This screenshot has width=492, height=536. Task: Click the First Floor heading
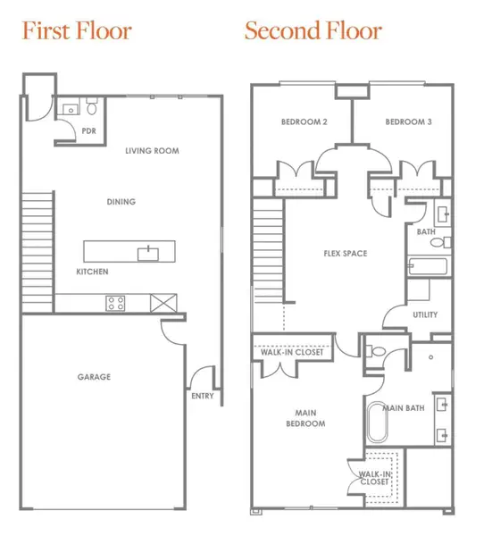click(x=77, y=31)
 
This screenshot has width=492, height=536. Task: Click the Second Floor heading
click(x=313, y=31)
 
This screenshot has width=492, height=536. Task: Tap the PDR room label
click(x=88, y=131)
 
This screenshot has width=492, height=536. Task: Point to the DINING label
click(x=121, y=202)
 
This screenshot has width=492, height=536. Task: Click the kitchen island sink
click(x=146, y=254)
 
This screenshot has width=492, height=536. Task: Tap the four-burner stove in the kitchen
click(x=116, y=303)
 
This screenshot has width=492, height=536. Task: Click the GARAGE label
click(x=94, y=377)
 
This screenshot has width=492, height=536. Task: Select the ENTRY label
click(x=203, y=396)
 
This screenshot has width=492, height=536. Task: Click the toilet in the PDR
click(x=90, y=109)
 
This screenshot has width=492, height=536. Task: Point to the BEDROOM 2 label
click(x=304, y=121)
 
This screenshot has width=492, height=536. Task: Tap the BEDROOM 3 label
click(x=409, y=121)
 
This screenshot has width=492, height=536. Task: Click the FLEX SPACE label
click(x=345, y=254)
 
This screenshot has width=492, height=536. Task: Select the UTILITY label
click(x=425, y=314)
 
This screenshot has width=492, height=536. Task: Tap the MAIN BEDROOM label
click(x=304, y=418)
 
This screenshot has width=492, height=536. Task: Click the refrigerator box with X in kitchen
click(x=163, y=303)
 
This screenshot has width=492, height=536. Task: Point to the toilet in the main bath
click(x=377, y=351)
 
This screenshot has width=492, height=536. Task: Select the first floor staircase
click(x=38, y=251)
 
